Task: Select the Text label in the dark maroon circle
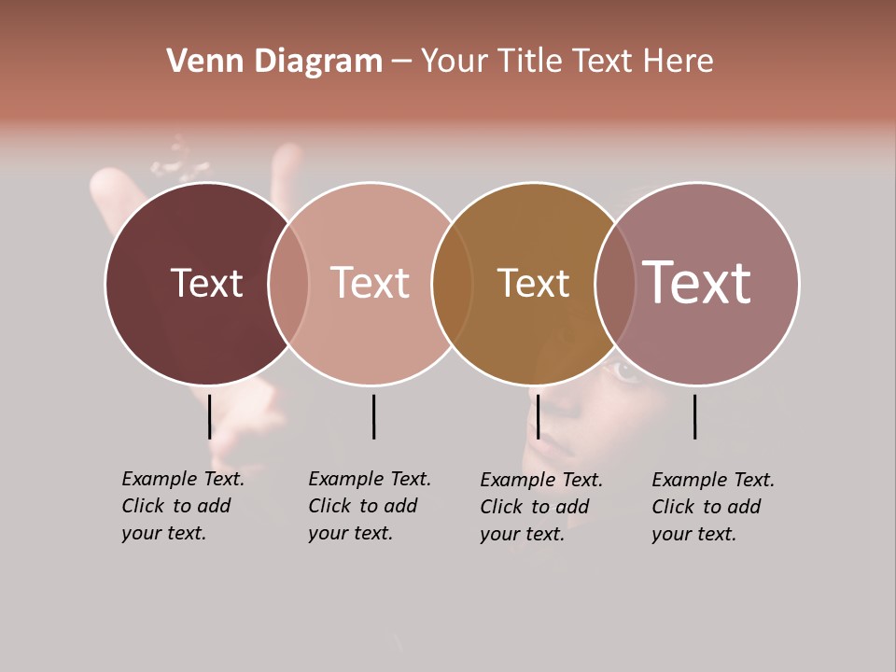(206, 283)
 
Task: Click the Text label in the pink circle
(370, 283)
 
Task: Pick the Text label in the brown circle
(533, 283)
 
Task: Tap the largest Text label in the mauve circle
(696, 282)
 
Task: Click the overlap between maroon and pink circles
(288, 283)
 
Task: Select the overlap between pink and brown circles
(452, 283)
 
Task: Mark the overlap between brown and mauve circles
(615, 283)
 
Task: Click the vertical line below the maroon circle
(210, 416)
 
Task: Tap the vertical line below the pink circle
(373, 416)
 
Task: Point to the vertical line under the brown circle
(538, 416)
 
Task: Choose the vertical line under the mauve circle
(695, 416)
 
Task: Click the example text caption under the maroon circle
(182, 506)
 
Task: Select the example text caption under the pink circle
(369, 506)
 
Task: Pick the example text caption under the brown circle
(540, 507)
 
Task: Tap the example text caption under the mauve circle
(712, 507)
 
